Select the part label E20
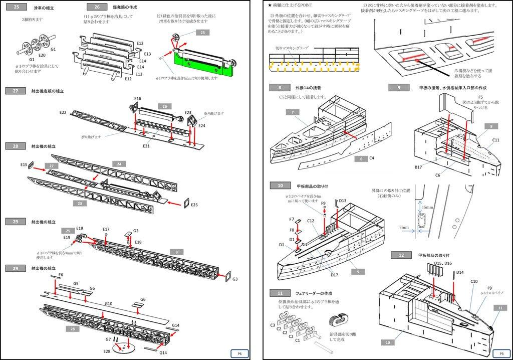pos(42,55)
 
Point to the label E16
pos(138,99)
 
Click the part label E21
pos(146,146)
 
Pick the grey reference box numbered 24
pos(118,164)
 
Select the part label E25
pos(194,205)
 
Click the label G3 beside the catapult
pos(235,279)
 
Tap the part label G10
pos(108,304)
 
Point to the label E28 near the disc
pos(107,351)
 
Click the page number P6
pos(239,353)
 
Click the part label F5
pos(480,97)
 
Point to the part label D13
pos(342,201)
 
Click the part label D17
pos(334,274)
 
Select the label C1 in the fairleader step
pos(298,340)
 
